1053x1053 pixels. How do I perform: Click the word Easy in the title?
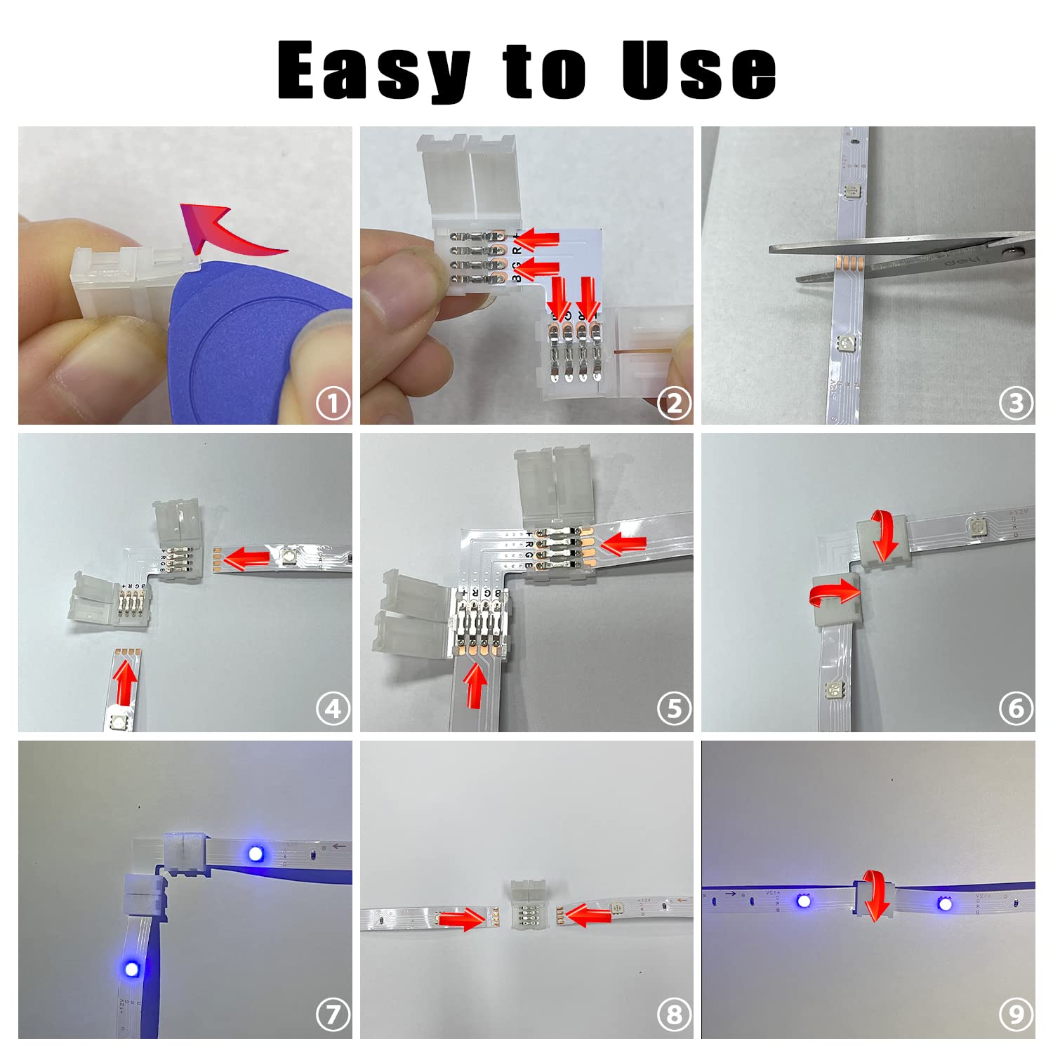tap(373, 71)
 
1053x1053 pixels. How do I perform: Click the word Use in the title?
tap(698, 69)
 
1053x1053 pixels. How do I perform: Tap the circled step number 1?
tap(333, 404)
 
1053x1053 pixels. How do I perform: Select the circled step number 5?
tap(674, 709)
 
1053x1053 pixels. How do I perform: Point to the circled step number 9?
tap(1016, 1015)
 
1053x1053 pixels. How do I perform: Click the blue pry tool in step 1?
tap(246, 344)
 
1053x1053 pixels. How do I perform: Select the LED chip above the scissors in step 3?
tap(854, 191)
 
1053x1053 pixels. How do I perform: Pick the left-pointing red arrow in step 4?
tap(246, 559)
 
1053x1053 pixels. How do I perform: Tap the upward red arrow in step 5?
tap(475, 686)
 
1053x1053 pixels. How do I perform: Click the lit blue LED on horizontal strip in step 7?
tap(256, 854)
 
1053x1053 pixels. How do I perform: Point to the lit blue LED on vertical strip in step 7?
tap(131, 969)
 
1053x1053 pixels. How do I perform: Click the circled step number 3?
tap(1016, 404)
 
